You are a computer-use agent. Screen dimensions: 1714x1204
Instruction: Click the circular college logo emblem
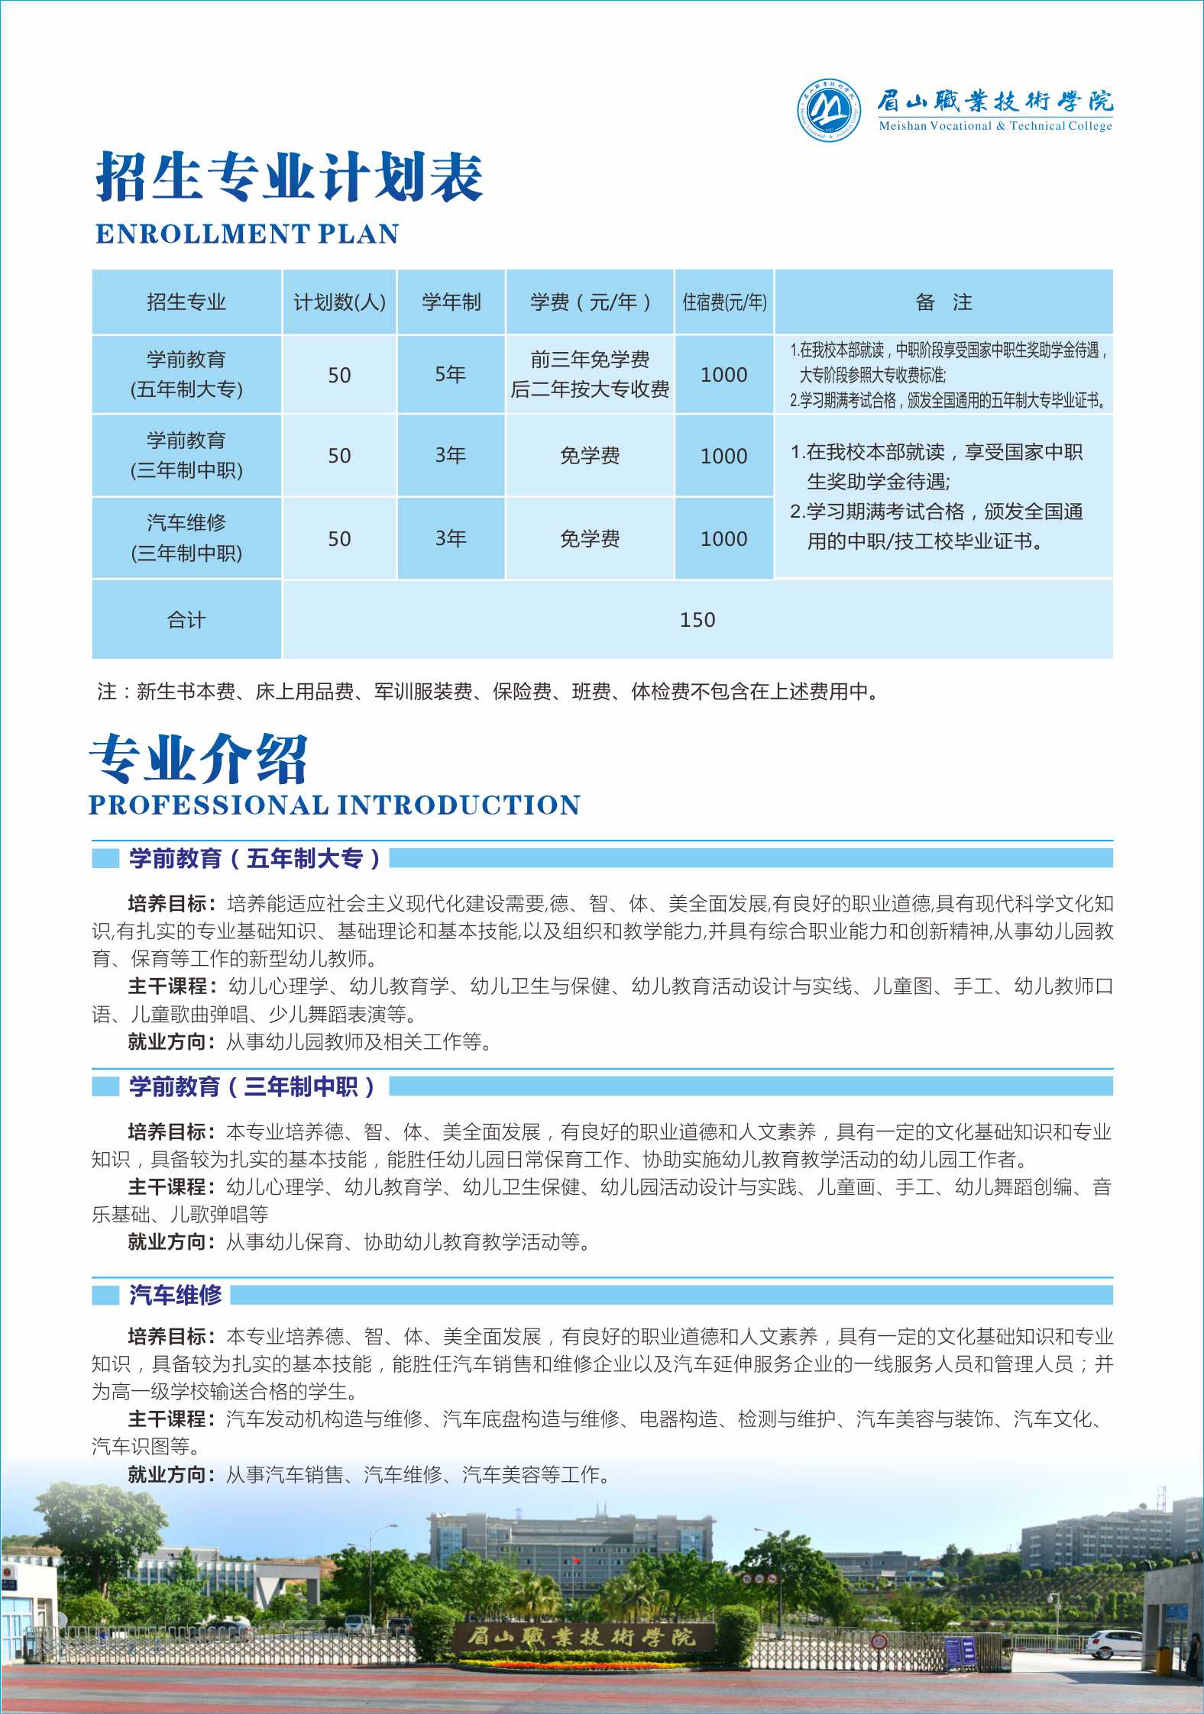(829, 111)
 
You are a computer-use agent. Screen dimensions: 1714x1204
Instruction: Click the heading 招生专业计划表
(289, 177)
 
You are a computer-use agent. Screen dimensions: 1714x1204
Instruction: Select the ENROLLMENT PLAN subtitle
(247, 234)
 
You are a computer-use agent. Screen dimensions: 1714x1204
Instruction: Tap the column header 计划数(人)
(339, 302)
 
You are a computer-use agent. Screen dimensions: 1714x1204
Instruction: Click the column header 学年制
(451, 302)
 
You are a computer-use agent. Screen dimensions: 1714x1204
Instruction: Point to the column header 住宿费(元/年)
(724, 302)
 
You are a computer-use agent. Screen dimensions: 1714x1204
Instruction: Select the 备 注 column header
(943, 302)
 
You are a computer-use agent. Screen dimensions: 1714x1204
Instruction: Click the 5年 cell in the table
(451, 375)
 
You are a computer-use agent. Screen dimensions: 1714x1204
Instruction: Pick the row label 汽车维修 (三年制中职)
(186, 537)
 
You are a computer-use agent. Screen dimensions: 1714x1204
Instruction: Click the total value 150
(697, 620)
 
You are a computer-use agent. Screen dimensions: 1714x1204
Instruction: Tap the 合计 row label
(186, 620)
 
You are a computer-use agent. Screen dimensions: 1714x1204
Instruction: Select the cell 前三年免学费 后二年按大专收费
(590, 375)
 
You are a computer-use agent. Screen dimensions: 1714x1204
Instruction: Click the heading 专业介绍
(199, 759)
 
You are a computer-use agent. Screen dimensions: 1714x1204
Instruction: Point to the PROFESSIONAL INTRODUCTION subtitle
(335, 805)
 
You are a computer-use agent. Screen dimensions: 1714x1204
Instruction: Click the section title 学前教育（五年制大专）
(254, 858)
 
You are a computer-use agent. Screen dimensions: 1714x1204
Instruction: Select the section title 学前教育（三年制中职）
(252, 1086)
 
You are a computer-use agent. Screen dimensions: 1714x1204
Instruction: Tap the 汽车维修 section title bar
(176, 1295)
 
